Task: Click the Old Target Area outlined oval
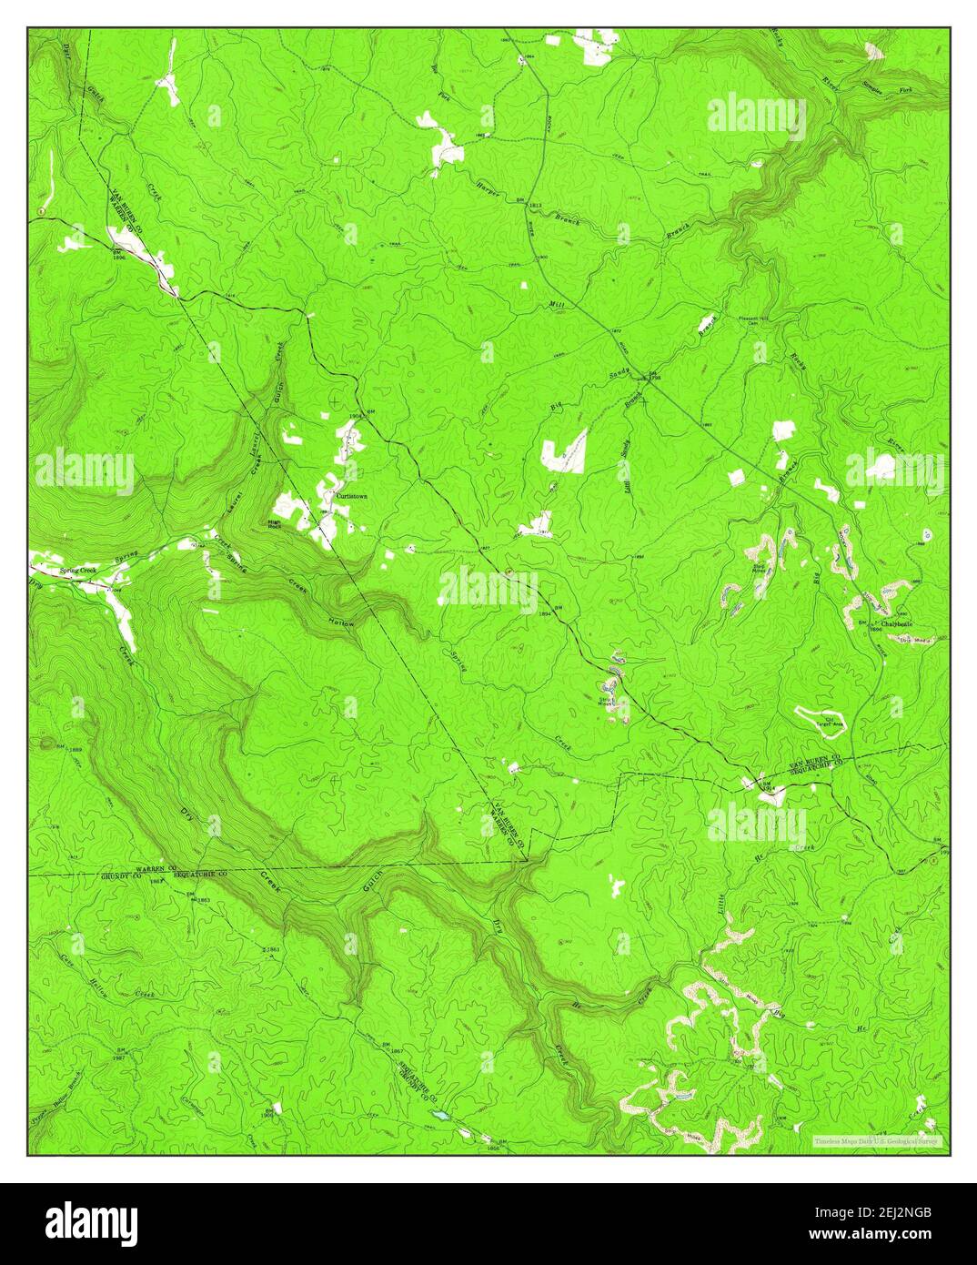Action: coord(821,720)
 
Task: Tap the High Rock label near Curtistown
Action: coord(272,524)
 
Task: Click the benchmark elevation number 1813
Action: coord(535,207)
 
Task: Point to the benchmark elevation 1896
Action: coord(117,256)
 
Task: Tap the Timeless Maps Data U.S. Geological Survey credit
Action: coord(879,1140)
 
